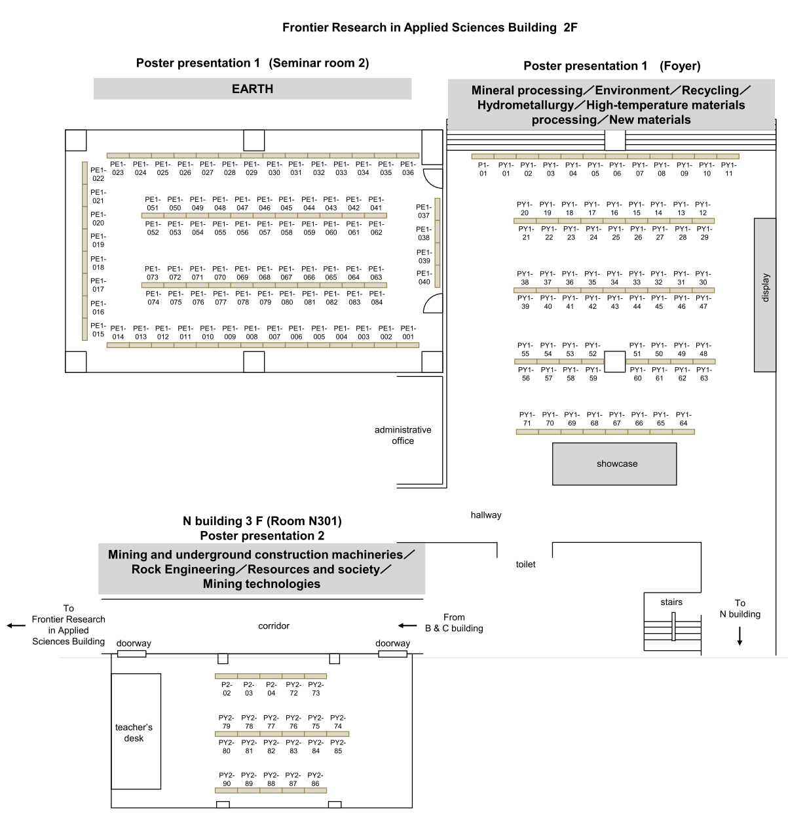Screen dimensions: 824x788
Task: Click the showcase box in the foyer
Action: pos(614,464)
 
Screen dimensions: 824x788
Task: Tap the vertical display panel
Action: pos(765,295)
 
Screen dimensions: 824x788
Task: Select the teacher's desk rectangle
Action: pos(136,732)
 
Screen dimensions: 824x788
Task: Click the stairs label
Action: pos(671,602)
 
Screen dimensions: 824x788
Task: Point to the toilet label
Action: pos(525,564)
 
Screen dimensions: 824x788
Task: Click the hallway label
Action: pos(486,515)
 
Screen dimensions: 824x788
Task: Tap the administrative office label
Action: pos(403,435)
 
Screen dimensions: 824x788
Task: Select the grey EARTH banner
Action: pos(252,89)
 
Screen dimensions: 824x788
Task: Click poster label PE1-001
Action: pos(408,332)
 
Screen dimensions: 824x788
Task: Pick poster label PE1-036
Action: pos(408,168)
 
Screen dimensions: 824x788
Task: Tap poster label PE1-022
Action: pos(98,174)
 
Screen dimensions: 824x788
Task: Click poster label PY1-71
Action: pos(527,419)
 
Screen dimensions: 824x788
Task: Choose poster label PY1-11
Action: pos(728,169)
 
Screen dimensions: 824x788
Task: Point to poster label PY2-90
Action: pos(227,779)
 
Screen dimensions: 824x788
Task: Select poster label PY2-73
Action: pos(316,689)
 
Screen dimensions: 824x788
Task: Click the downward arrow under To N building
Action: pos(740,636)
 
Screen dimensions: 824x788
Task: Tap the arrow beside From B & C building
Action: pos(407,625)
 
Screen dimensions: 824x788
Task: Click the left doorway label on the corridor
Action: pos(134,644)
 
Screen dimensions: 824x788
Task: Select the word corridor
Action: pos(274,626)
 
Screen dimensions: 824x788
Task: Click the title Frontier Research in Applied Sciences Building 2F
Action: pos(430,28)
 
